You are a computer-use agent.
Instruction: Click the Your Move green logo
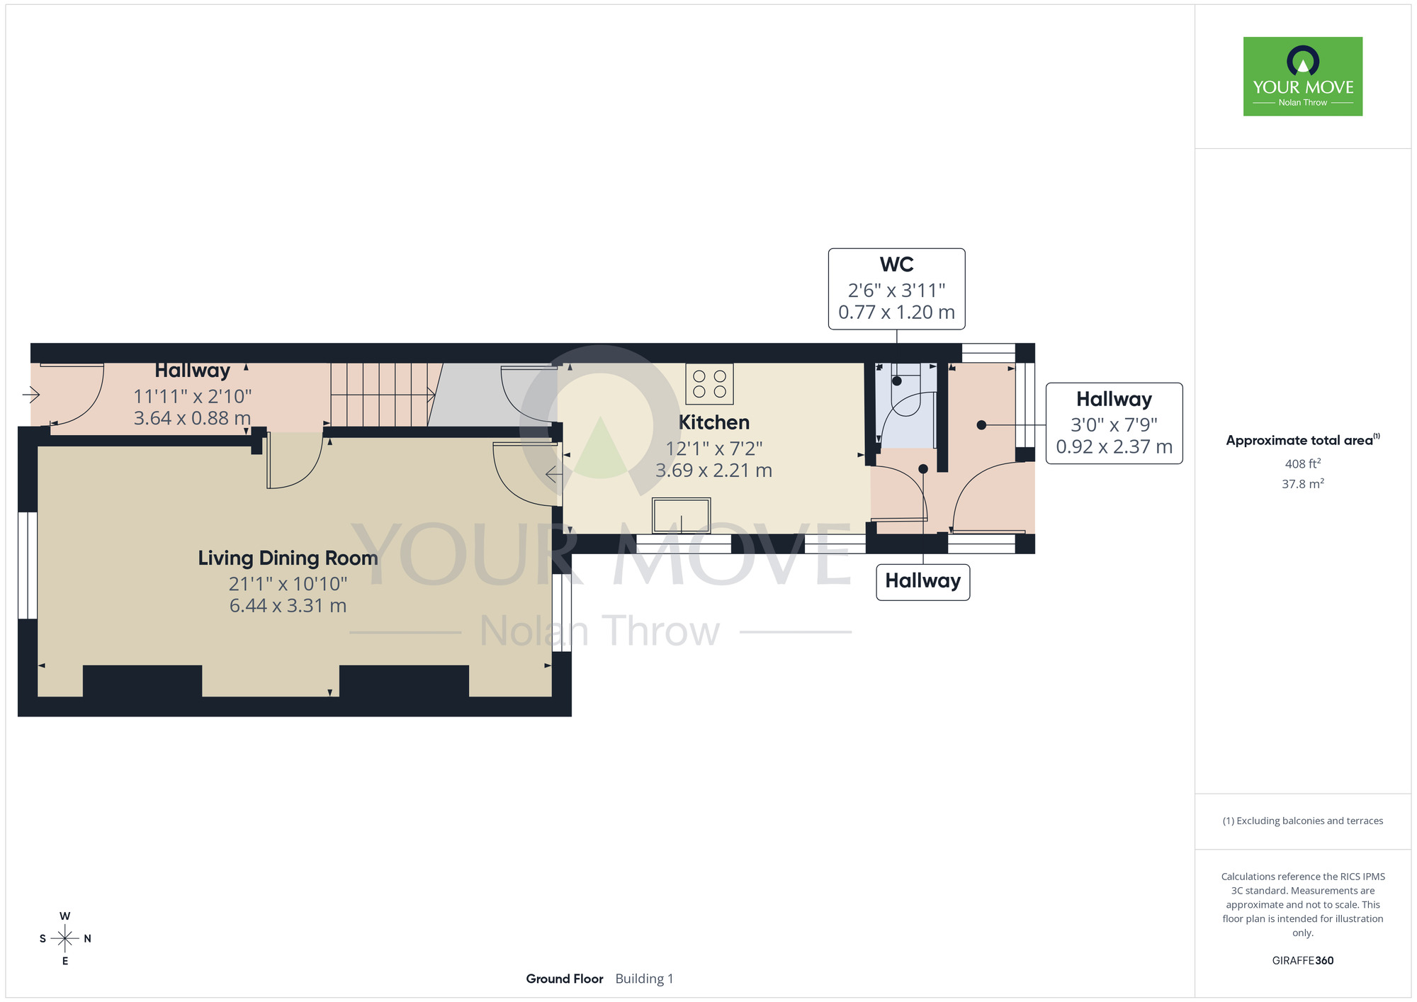click(1303, 77)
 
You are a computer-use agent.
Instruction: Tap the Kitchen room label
click(714, 422)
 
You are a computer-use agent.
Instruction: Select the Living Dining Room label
click(288, 558)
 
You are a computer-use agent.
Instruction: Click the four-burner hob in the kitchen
click(709, 384)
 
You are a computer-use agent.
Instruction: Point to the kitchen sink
click(682, 515)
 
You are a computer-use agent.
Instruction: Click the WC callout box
click(897, 288)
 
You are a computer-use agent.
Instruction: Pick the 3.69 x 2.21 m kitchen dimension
click(714, 471)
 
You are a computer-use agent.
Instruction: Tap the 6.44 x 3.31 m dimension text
click(288, 606)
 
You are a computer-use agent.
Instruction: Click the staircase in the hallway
click(383, 395)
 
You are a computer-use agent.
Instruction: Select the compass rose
click(65, 938)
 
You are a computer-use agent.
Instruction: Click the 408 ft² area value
click(1303, 463)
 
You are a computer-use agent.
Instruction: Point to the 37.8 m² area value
click(1303, 483)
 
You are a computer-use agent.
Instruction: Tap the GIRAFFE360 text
click(1303, 961)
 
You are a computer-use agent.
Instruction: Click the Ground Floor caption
click(565, 979)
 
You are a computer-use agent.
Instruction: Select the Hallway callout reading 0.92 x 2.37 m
click(1114, 423)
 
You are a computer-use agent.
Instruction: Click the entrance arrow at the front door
click(31, 394)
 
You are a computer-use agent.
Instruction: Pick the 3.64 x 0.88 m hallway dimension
click(193, 418)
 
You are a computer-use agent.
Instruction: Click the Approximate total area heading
click(1303, 440)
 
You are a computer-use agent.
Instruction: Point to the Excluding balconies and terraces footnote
click(1303, 821)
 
